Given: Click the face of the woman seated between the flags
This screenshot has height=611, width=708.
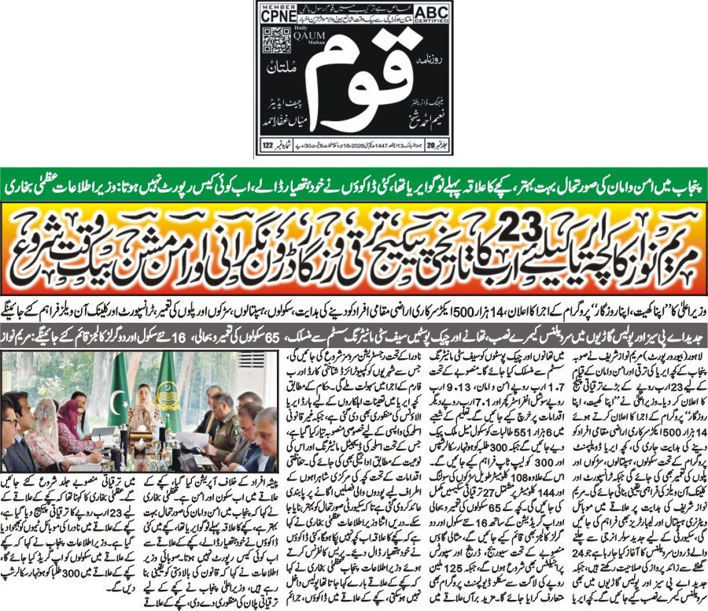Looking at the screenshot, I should (143, 394).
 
